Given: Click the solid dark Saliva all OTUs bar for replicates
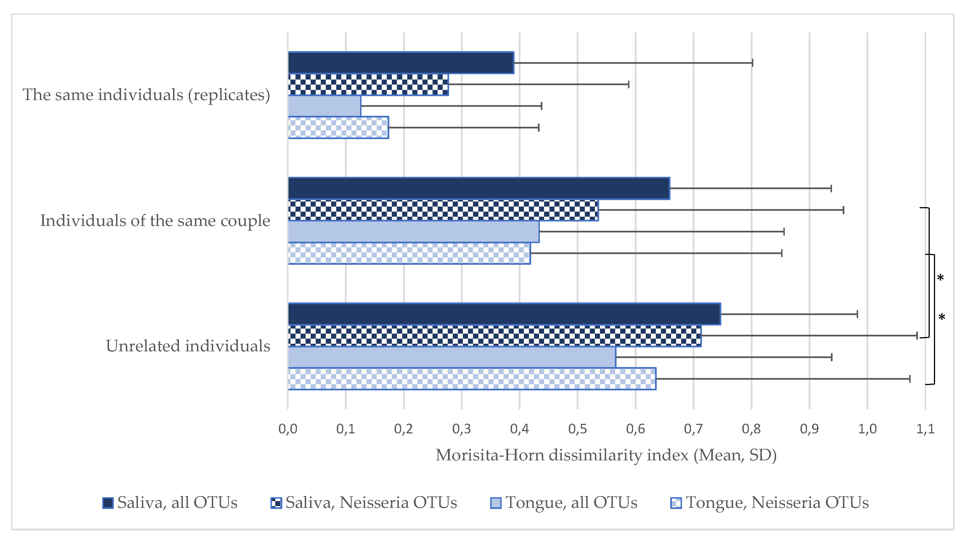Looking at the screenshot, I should point(401,63).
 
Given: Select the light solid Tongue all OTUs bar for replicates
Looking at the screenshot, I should point(324,106).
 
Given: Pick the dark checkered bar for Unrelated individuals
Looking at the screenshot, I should point(494,336).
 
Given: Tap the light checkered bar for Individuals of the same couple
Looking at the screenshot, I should point(409,254).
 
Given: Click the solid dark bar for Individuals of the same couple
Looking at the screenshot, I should point(478,188).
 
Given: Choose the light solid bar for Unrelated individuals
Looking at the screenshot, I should point(451,357).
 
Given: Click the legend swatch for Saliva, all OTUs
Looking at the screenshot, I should point(108,503).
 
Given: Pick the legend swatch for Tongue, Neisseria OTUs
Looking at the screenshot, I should point(676,503).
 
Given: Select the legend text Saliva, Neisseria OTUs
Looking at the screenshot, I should point(371,503).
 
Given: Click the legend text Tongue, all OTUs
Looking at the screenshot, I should point(571,503).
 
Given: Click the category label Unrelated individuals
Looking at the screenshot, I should point(188,346).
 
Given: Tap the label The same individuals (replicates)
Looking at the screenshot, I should point(146,95).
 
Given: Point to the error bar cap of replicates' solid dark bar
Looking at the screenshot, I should point(752,63).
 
